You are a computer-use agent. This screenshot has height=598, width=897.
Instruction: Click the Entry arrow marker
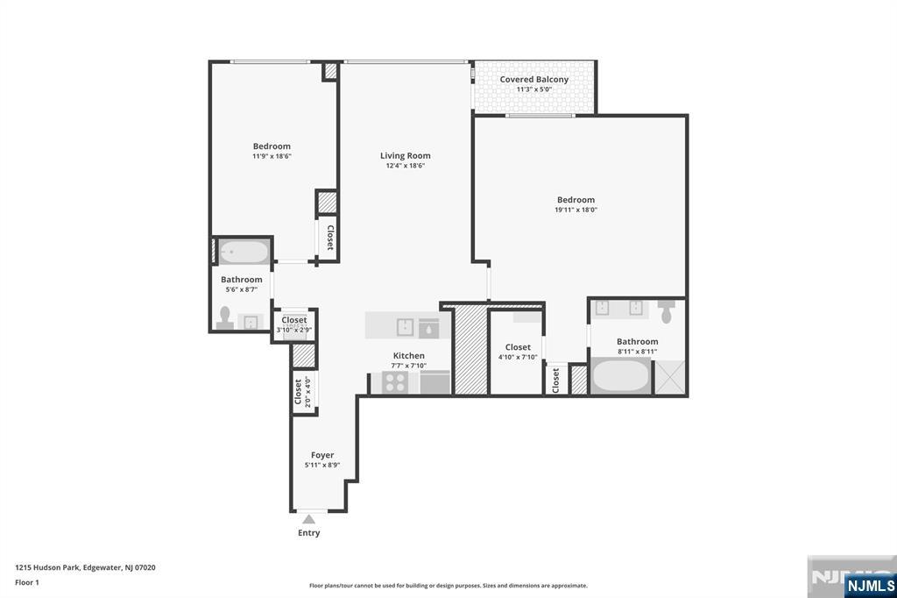[309, 519]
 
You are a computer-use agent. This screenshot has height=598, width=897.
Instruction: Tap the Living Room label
[405, 156]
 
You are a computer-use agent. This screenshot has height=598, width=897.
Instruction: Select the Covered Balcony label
[534, 80]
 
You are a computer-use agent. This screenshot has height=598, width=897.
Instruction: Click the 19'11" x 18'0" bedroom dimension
[576, 210]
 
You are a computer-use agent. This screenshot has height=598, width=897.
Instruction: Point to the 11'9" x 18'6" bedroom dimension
[272, 156]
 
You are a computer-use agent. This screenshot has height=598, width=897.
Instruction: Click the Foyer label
[322, 455]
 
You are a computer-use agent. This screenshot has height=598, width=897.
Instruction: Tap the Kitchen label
[408, 356]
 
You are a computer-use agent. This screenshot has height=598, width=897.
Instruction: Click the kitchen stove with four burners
[395, 382]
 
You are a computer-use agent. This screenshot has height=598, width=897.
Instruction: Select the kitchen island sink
[405, 327]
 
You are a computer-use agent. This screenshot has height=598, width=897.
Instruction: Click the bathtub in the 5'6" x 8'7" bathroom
[244, 252]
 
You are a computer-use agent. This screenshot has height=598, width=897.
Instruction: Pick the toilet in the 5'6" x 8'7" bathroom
[225, 318]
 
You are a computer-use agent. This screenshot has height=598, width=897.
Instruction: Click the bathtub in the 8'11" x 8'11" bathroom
[620, 376]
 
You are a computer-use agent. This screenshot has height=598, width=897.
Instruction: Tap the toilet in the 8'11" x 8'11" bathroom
[666, 311]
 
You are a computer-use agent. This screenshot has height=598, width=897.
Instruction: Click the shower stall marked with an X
[669, 377]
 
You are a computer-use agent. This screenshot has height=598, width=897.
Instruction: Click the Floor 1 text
[27, 582]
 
